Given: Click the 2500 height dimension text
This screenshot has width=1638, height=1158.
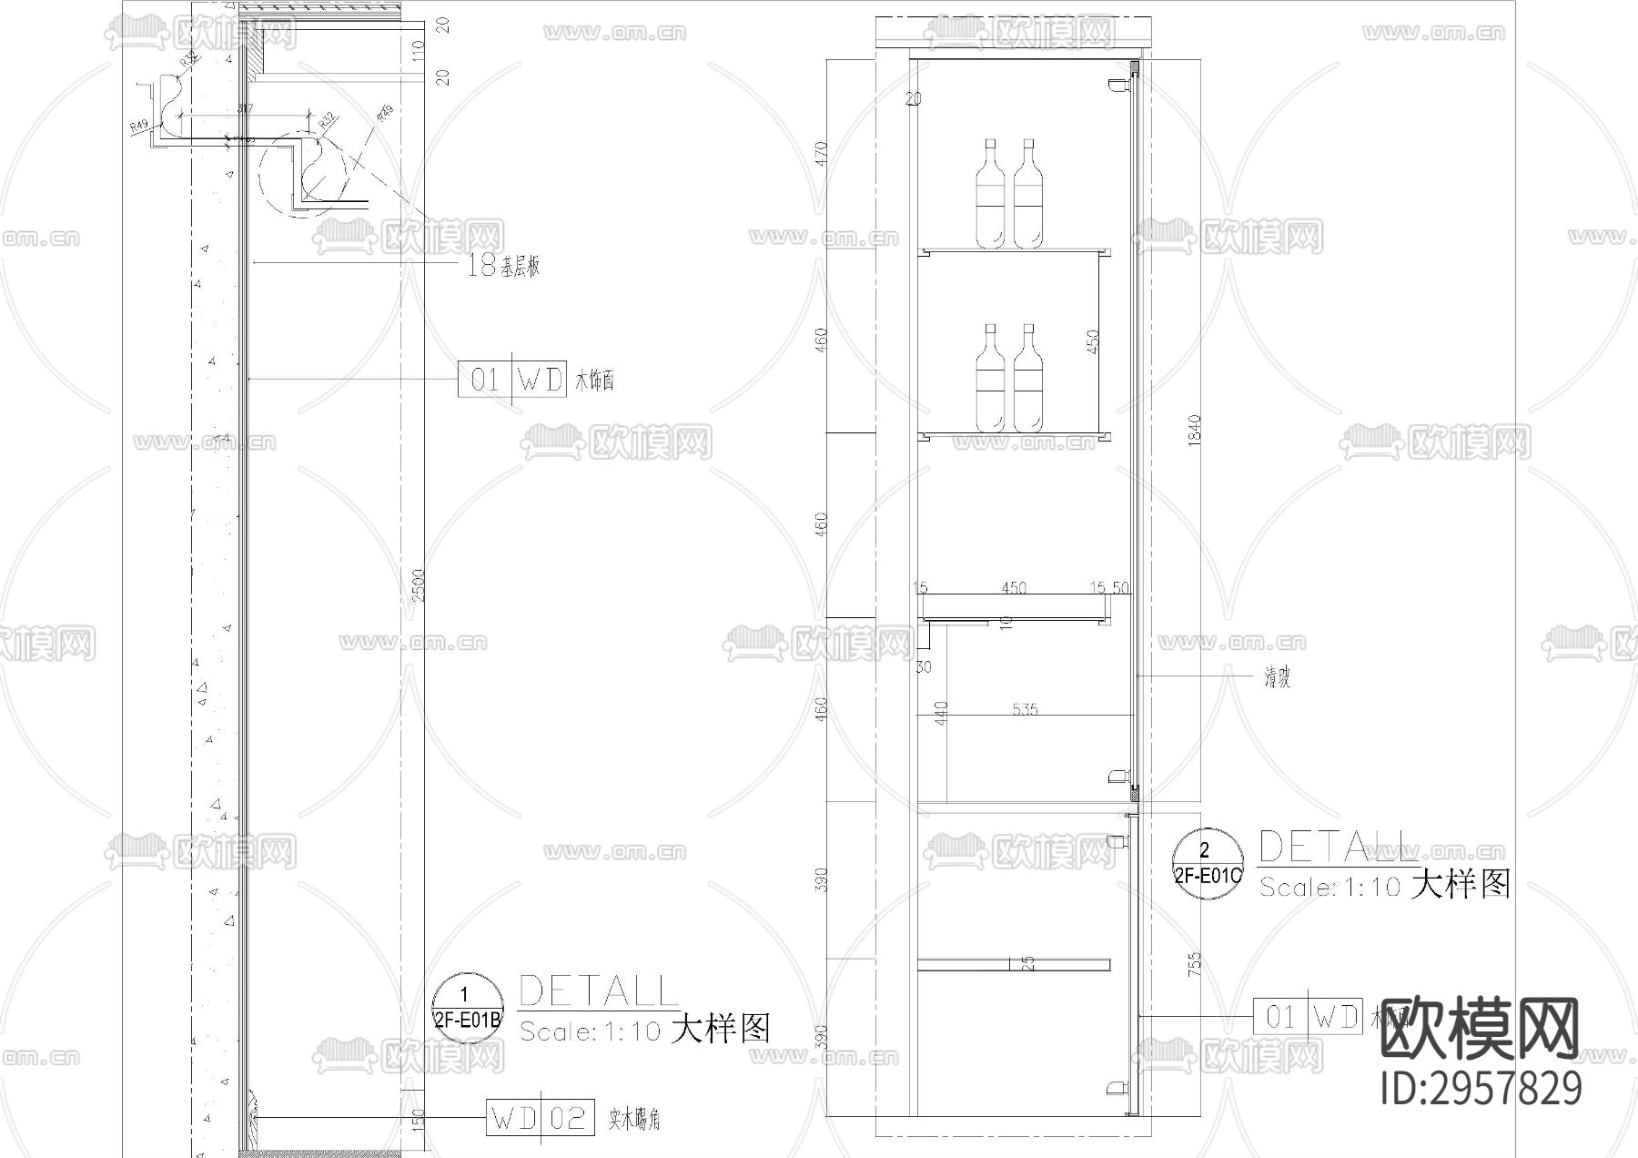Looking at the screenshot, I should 418,585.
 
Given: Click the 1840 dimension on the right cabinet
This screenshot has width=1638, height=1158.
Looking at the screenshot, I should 1195,429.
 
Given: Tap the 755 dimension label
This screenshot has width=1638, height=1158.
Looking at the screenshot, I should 1195,964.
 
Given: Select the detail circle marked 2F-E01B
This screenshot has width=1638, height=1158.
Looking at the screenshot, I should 468,1008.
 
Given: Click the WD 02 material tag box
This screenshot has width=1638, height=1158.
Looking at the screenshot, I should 541,1118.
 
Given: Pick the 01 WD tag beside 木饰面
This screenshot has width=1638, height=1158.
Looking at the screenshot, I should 512,380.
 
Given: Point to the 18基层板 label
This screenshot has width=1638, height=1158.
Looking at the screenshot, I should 503,266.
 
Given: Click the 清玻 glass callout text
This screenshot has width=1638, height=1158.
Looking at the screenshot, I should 1276,677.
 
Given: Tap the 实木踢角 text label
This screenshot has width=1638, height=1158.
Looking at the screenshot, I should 634,1119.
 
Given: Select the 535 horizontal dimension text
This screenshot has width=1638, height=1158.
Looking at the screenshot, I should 1025,709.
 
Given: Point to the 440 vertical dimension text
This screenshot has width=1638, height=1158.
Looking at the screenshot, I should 941,713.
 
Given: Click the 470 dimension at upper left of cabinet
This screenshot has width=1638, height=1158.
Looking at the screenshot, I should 822,152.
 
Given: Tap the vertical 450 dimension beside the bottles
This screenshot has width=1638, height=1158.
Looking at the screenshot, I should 1093,341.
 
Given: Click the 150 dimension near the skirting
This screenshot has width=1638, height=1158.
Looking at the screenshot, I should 418,1118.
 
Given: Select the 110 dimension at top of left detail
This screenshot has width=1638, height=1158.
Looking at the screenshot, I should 443,50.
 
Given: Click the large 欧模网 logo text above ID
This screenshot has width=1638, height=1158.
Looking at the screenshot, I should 1479,1028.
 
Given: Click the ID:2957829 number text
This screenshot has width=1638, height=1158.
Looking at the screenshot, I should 1481,1088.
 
